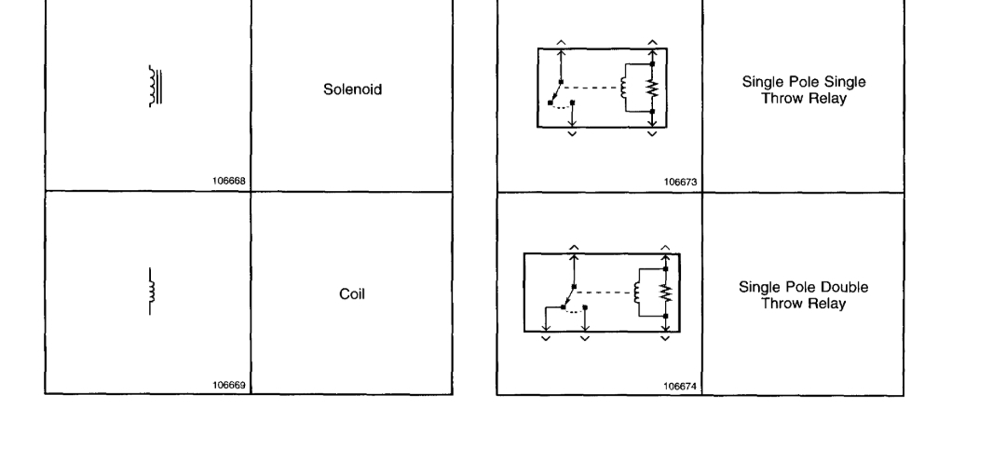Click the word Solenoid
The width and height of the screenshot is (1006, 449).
352,90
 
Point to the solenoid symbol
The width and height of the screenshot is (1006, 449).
155,85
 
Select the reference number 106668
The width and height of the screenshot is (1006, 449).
230,183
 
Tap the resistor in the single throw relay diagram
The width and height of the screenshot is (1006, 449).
653,88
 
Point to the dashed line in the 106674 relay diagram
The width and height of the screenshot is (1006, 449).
605,293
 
